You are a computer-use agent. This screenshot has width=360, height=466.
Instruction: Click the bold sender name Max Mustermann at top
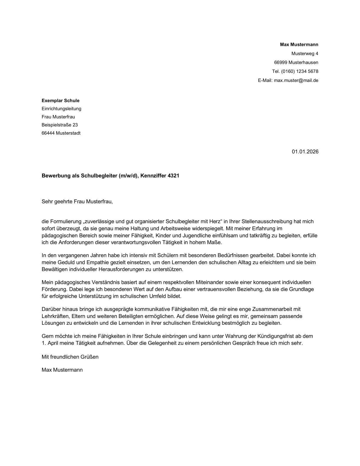(x=299, y=44)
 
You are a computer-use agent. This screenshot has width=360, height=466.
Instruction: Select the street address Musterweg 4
(x=305, y=54)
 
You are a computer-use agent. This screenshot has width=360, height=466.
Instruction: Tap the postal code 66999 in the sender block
(x=281, y=62)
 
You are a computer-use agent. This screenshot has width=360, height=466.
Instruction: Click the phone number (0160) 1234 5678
(x=299, y=71)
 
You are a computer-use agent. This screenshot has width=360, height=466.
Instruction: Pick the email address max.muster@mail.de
(x=296, y=80)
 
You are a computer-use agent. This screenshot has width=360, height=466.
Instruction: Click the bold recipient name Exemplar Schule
(x=60, y=101)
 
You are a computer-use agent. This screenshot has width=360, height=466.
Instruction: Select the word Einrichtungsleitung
(x=61, y=109)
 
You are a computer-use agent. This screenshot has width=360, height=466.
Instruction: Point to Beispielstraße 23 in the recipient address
(x=59, y=125)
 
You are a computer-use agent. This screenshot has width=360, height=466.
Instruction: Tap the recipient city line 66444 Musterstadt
(x=61, y=133)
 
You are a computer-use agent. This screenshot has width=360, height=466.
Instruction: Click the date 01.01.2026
(x=305, y=152)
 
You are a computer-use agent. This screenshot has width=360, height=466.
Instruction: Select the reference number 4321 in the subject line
(x=173, y=176)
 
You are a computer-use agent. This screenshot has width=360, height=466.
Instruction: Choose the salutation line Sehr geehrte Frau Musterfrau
(x=77, y=202)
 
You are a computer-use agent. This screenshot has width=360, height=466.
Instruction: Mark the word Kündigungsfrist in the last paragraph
(x=275, y=336)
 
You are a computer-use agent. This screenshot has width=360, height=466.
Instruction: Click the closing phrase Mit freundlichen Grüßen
(x=70, y=357)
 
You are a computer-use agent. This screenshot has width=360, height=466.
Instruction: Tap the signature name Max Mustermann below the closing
(x=62, y=370)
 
